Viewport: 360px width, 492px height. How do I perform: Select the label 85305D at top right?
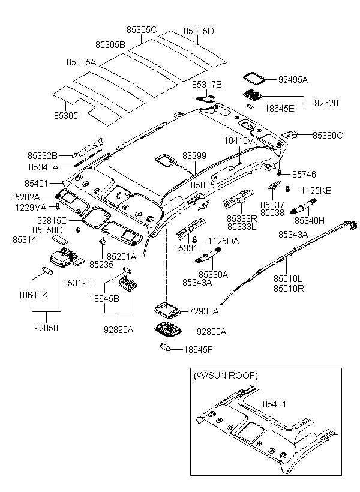point(198,31)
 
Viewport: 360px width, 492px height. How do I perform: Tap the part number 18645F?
point(199,349)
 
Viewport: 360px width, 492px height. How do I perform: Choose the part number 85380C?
point(328,136)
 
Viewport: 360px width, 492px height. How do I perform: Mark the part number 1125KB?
point(316,190)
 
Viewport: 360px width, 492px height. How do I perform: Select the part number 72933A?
point(204,311)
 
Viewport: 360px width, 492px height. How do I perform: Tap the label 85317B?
point(207,85)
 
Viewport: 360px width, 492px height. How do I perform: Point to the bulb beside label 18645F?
point(167,347)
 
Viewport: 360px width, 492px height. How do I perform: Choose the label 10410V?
point(239,140)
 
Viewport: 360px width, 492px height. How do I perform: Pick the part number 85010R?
point(289,288)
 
